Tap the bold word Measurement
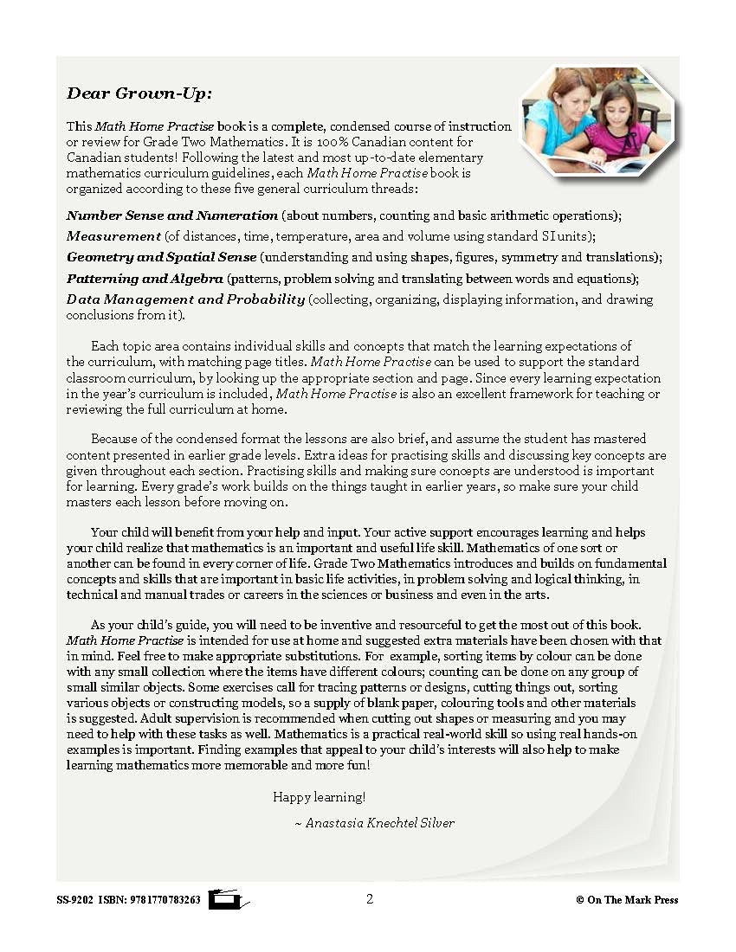(x=113, y=235)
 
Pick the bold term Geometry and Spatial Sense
(x=161, y=256)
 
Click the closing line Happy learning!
(x=320, y=796)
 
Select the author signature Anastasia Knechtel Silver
(x=380, y=823)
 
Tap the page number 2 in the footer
(x=370, y=898)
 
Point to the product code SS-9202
(x=74, y=900)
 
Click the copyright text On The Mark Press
(x=632, y=900)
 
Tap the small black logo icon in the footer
(x=228, y=899)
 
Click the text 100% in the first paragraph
(x=322, y=141)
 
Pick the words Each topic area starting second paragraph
(x=130, y=346)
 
